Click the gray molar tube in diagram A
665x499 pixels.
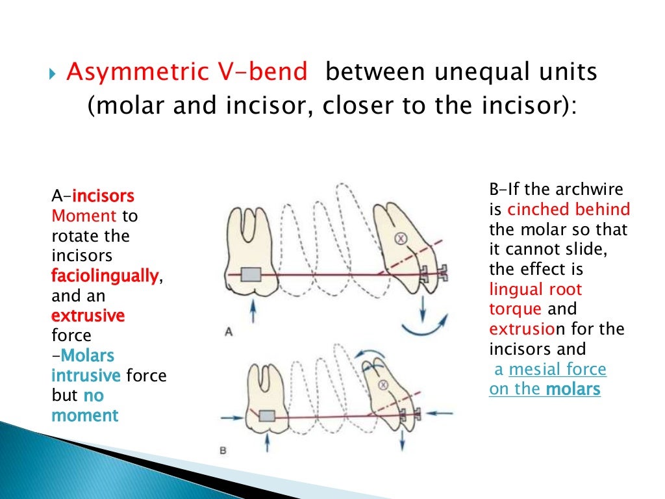pyautogui.click(x=250, y=275)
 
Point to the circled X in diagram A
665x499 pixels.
pyautogui.click(x=401, y=239)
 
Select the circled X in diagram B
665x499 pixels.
pyautogui.click(x=383, y=385)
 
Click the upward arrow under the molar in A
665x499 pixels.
pyautogui.click(x=253, y=313)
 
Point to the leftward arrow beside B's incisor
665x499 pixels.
pyautogui.click(x=442, y=411)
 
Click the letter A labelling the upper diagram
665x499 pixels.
pyautogui.click(x=229, y=332)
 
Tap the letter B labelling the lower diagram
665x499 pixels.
pyautogui.click(x=222, y=448)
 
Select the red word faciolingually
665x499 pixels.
pyautogui.click(x=105, y=276)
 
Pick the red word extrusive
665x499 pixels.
pyautogui.click(x=88, y=316)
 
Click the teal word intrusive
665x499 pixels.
pyautogui.click(x=86, y=376)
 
